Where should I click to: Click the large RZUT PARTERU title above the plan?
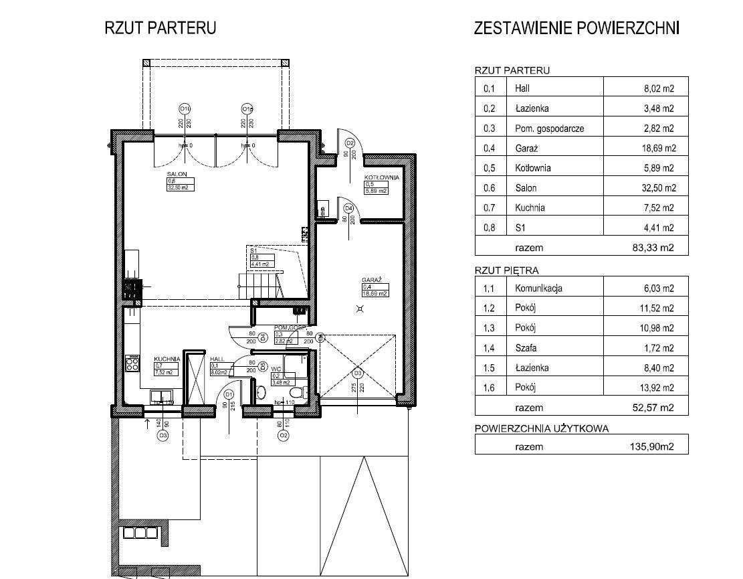(x=160, y=28)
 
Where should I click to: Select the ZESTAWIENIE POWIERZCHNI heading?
(x=576, y=28)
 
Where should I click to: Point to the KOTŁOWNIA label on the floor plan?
(x=381, y=177)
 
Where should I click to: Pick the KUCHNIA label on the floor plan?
(x=167, y=359)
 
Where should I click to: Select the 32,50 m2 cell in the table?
(x=658, y=188)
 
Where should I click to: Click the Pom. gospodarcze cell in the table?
(x=549, y=129)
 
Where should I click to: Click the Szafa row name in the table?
(x=526, y=348)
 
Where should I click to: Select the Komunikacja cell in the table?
(x=538, y=288)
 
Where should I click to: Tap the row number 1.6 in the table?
(x=489, y=388)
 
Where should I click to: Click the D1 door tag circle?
(x=228, y=394)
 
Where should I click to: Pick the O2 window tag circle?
(x=284, y=436)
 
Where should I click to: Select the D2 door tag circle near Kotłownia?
(x=349, y=143)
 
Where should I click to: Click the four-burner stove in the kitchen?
(x=132, y=364)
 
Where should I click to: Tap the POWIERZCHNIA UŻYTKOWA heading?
(x=542, y=428)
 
